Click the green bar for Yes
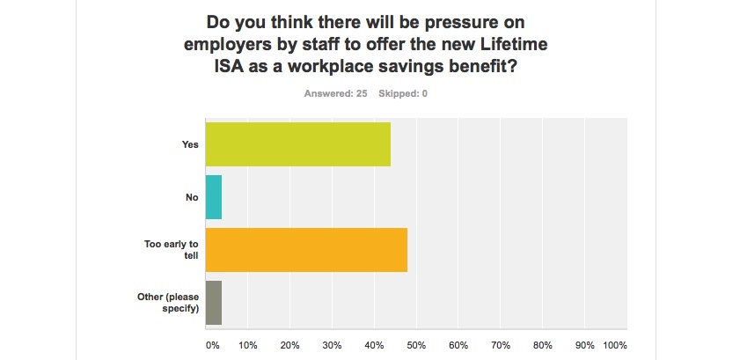coord(297,144)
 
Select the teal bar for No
coord(214,197)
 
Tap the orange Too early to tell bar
coord(306,250)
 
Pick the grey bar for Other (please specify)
coord(214,303)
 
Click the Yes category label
coord(190,144)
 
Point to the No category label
coord(192,197)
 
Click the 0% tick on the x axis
coord(212,344)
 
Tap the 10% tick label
coord(248,344)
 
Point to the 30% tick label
coord(333,344)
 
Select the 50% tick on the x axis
coord(416,344)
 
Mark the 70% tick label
coord(501,344)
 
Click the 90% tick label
coord(585,344)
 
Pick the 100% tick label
coord(615,344)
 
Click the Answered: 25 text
coord(336,93)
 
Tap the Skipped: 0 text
coord(403,93)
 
